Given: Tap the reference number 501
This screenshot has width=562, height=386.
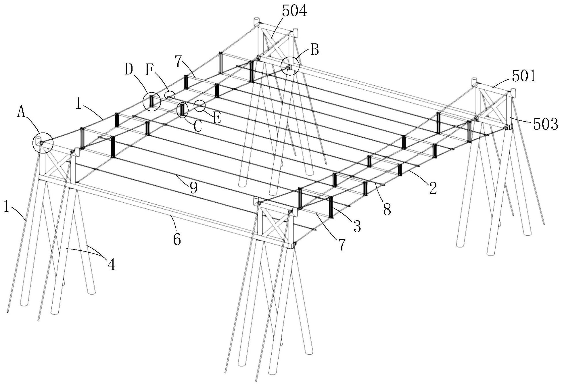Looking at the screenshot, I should pos(524,77).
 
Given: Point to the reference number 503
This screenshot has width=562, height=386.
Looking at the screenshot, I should pos(545,124).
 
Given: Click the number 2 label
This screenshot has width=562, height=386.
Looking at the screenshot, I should pos(433,189).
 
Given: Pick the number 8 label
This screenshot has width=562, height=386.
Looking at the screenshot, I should pos(387,210).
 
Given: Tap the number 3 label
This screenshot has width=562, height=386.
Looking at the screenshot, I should pos(357,226).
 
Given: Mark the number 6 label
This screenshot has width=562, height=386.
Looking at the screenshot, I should pos(177,239).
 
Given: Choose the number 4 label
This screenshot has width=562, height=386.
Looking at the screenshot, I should pos(112,264).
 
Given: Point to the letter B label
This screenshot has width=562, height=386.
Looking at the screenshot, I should pos(315,51).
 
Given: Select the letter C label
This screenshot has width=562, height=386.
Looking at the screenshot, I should pos(197,126).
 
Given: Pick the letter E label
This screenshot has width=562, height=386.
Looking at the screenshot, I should pos(217,118).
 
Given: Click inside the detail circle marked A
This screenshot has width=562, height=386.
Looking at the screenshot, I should pos(43,143).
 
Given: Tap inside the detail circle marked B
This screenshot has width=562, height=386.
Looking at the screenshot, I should pos(290,66).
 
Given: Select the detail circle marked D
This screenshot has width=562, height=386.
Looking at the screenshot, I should pos(151,101).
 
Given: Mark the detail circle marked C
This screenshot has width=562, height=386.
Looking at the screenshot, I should pos(183,110).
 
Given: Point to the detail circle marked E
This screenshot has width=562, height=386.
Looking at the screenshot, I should pos(200,106).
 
